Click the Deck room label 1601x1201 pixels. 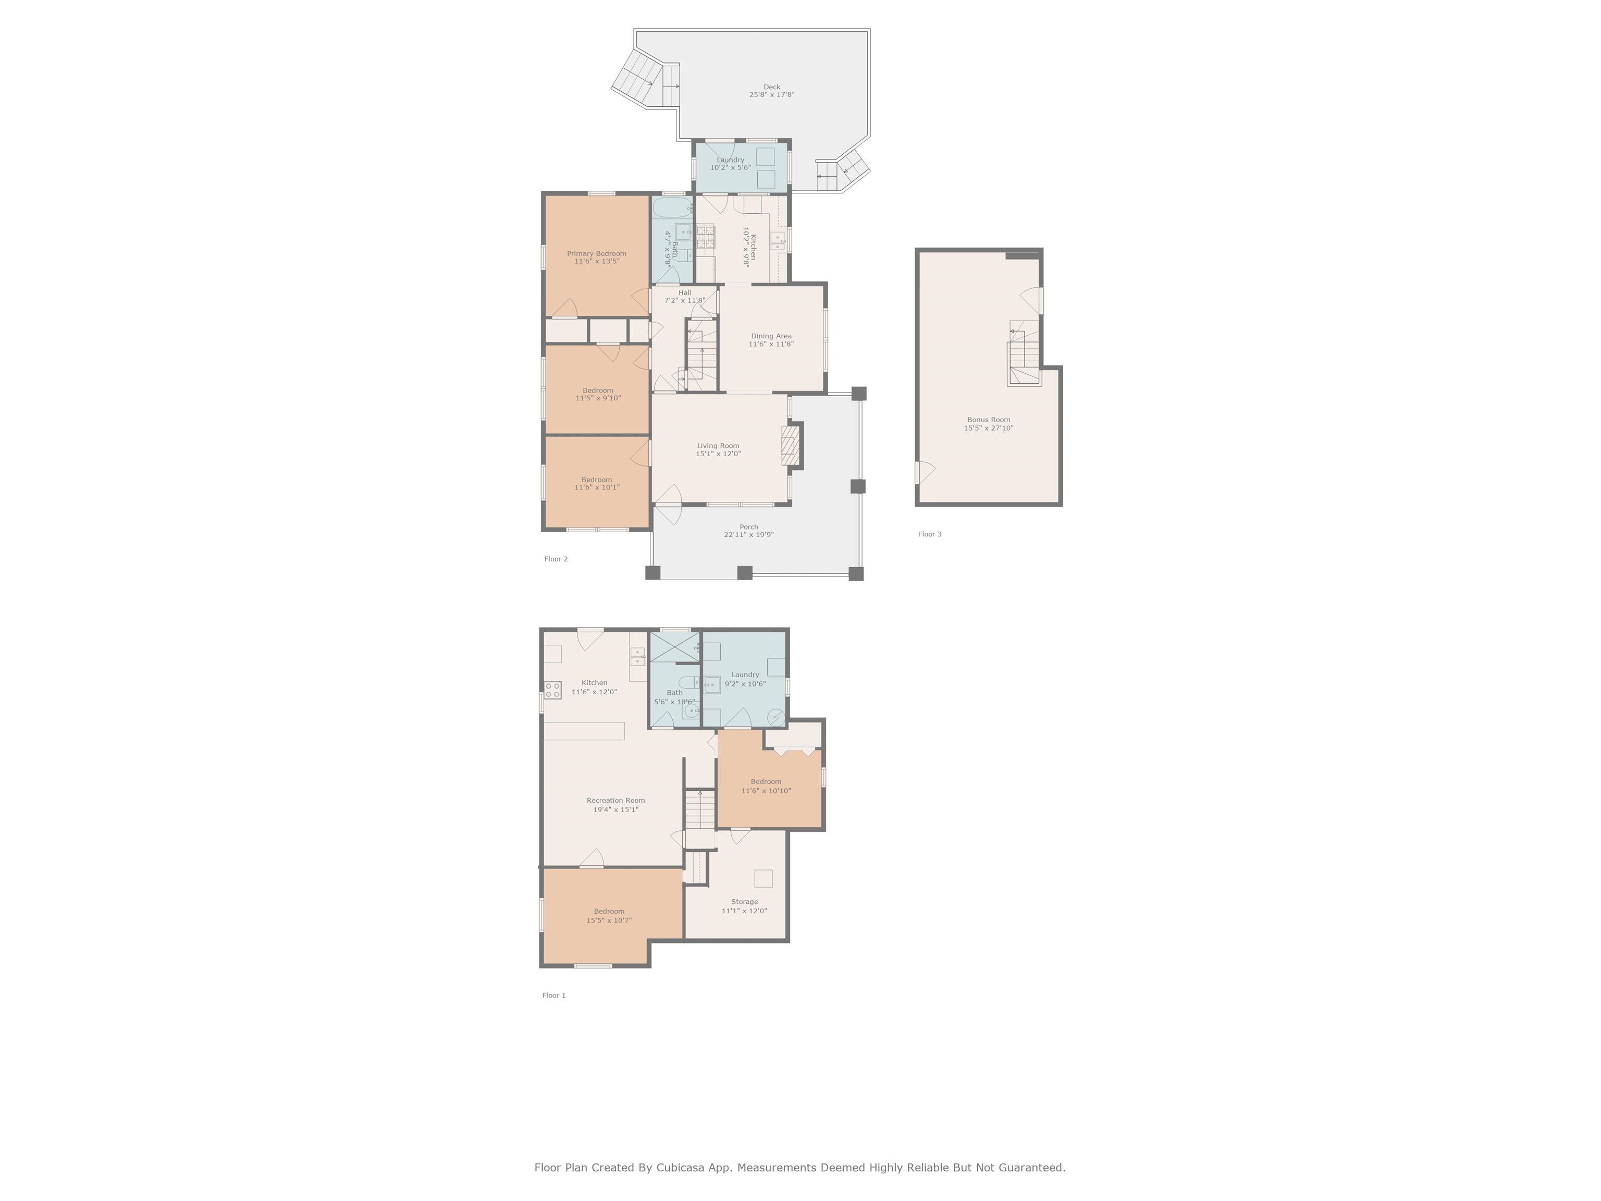[x=771, y=87]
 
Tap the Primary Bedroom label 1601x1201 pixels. [x=596, y=253]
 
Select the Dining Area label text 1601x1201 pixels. [x=771, y=336]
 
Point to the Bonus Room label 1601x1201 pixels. [x=989, y=420]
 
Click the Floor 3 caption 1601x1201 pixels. [x=930, y=534]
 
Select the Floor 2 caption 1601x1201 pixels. [x=556, y=559]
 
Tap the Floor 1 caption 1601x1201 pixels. [x=553, y=996]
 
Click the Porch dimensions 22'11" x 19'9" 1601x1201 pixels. [x=749, y=535]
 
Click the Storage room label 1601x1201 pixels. [x=744, y=902]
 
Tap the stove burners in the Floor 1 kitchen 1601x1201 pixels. [x=553, y=690]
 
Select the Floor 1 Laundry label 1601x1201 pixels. [x=745, y=675]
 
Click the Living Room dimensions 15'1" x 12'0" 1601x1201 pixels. [x=718, y=454]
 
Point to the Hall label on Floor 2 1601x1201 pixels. [x=685, y=292]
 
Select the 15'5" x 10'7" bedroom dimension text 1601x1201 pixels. [x=609, y=921]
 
